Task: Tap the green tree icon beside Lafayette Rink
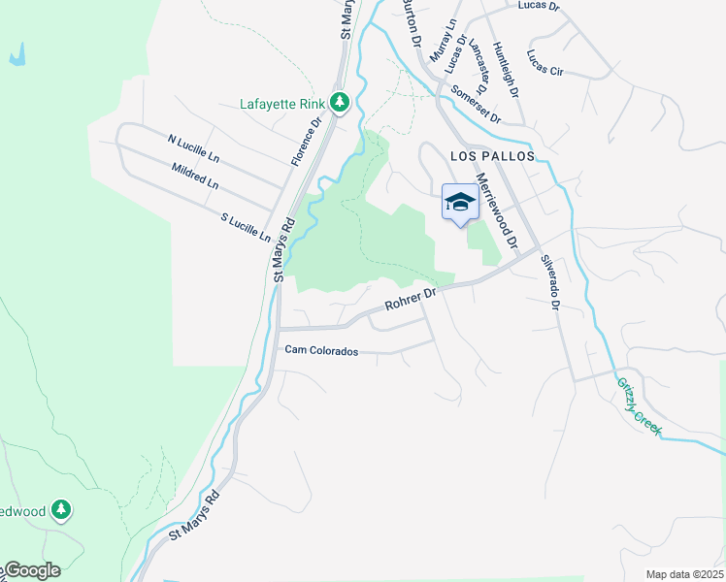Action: tap(339, 102)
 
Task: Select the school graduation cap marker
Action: tap(460, 202)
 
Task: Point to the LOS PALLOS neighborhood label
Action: tap(492, 155)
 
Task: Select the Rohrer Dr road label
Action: tap(412, 298)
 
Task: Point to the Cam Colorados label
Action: tap(321, 351)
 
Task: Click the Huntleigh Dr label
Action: tap(506, 69)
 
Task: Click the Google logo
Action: tap(31, 570)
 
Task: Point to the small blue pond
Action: tap(17, 56)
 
